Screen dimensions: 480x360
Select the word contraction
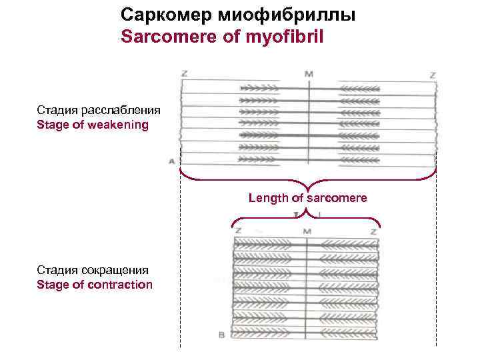click(x=118, y=285)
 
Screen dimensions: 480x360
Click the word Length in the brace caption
click(x=268, y=197)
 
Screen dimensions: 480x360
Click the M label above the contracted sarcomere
click(x=307, y=231)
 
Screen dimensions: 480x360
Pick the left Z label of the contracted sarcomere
click(x=238, y=231)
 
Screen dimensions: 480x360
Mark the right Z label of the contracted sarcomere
click(x=374, y=231)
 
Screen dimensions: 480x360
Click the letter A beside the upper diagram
click(x=172, y=161)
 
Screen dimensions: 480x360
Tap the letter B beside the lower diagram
click(x=221, y=335)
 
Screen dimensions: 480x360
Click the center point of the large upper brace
click(x=307, y=186)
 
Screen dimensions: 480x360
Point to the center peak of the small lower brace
click(x=306, y=210)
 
